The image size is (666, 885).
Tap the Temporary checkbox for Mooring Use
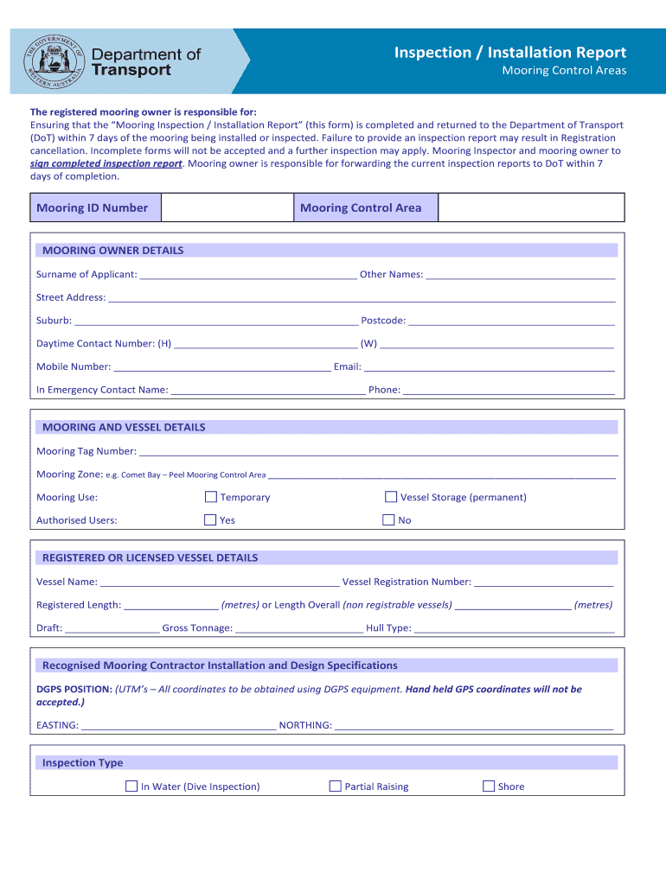[x=210, y=497]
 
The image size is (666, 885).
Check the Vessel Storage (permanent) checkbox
[x=391, y=497]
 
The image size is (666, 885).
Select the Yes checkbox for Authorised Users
[x=210, y=520]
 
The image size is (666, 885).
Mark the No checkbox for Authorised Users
[x=388, y=520]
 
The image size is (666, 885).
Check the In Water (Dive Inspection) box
[x=131, y=786]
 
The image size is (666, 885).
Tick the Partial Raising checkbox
[x=336, y=786]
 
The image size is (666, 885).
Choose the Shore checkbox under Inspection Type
[x=489, y=786]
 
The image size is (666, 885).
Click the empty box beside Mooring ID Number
[x=227, y=207]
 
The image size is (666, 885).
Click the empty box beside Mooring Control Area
[x=531, y=207]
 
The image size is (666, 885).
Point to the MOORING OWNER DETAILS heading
[x=113, y=251]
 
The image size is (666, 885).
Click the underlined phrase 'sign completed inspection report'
[x=106, y=163]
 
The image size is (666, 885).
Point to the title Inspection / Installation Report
[x=510, y=53]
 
